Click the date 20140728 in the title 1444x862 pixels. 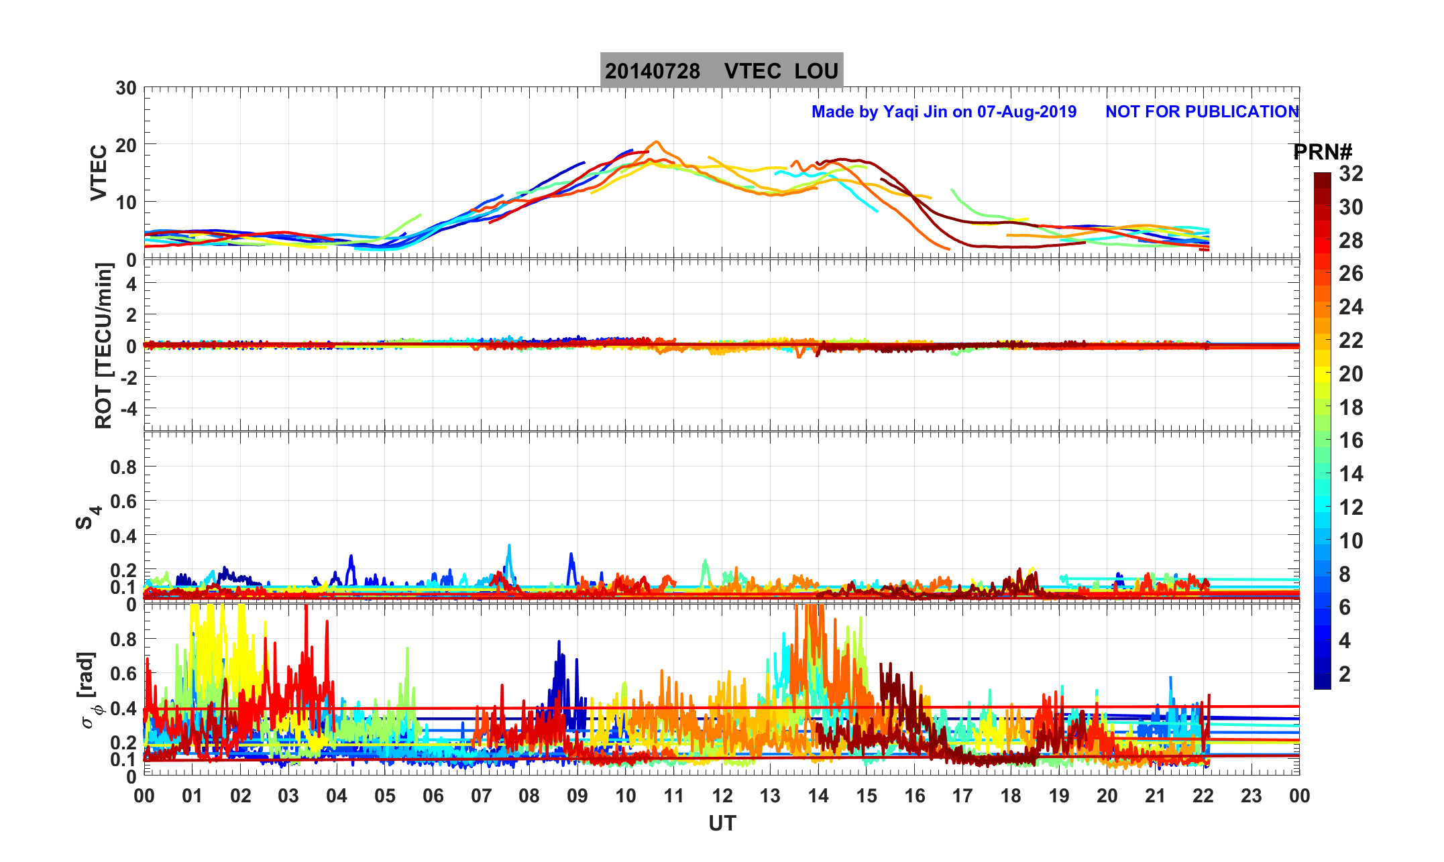[x=652, y=71]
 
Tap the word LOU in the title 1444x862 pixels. [x=816, y=71]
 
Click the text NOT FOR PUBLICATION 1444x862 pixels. [x=1202, y=111]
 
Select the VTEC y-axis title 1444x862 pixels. [x=99, y=172]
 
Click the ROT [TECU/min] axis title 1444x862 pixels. [x=103, y=345]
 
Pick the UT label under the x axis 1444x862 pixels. [x=722, y=823]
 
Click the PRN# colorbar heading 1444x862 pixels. [x=1322, y=152]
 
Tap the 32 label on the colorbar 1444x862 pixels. [x=1351, y=174]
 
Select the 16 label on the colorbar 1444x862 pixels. [x=1351, y=440]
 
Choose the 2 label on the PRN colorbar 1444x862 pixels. [x=1345, y=674]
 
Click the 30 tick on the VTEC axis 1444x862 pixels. [x=125, y=88]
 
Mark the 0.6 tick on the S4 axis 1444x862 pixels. [x=123, y=501]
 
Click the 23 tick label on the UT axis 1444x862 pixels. [x=1251, y=796]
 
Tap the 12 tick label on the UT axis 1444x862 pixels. [x=722, y=796]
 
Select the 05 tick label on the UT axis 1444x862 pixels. [x=385, y=796]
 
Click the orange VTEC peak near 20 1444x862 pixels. [x=656, y=142]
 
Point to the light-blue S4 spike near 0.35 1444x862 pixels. [x=509, y=546]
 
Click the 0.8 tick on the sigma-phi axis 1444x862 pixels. [x=123, y=639]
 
